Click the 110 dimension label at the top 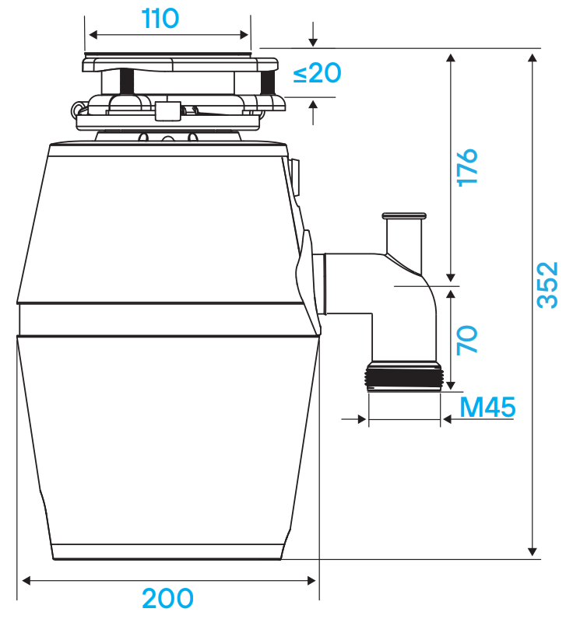(x=160, y=18)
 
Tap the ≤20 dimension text (x=317, y=73)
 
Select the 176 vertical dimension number (x=467, y=167)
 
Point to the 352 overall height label (x=547, y=285)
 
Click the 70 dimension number (x=467, y=340)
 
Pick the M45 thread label (x=487, y=407)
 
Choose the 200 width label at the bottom (x=167, y=599)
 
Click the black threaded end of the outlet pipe (x=404, y=377)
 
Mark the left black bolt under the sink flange (x=127, y=81)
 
